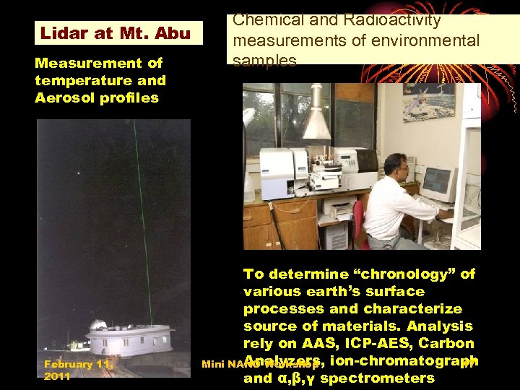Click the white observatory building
coord(130,339)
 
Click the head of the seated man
coord(394,165)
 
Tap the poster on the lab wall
coord(429,102)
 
